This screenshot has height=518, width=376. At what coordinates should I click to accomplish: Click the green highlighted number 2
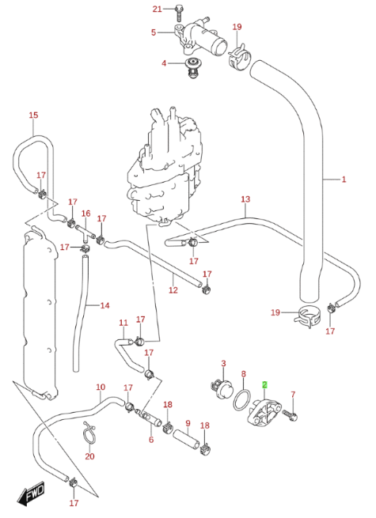click(266, 385)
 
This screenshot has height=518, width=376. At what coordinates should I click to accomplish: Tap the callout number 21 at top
click(157, 9)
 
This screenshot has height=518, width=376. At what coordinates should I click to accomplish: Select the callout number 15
click(33, 115)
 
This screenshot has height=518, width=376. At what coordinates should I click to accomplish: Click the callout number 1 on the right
click(344, 180)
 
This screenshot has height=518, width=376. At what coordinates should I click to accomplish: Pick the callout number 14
click(104, 305)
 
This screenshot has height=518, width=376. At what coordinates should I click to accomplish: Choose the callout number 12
click(173, 290)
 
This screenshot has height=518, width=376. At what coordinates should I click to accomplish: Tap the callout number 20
click(89, 456)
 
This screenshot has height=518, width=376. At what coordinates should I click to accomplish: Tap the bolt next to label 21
click(179, 11)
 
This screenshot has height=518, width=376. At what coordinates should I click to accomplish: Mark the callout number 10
click(101, 388)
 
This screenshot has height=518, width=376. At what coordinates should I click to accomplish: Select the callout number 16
click(85, 214)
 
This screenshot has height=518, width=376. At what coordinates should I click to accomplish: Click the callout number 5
click(154, 32)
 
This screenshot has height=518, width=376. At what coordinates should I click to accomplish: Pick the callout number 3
click(223, 364)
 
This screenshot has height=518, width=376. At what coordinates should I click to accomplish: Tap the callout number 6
click(150, 440)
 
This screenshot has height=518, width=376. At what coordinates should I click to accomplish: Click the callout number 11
click(123, 322)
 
